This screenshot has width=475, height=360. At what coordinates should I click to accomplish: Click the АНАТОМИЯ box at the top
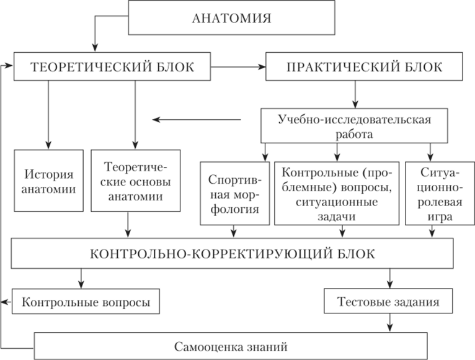pyautogui.click(x=232, y=17)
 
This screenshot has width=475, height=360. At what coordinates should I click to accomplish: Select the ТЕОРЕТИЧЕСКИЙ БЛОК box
pyautogui.click(x=112, y=66)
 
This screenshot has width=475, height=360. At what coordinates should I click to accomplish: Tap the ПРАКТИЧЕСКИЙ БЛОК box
pyautogui.click(x=364, y=66)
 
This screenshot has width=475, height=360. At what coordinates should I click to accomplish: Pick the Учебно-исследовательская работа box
pyautogui.click(x=354, y=126)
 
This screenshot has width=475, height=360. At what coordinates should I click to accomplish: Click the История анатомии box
pyautogui.click(x=49, y=181)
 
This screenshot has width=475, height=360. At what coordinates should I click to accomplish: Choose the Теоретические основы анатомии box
pyautogui.click(x=136, y=181)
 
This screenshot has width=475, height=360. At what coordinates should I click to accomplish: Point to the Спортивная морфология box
pyautogui.click(x=235, y=194)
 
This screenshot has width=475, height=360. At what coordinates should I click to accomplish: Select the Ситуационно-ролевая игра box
pyautogui.click(x=440, y=194)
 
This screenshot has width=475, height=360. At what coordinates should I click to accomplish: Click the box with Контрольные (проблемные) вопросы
pyautogui.click(x=337, y=194)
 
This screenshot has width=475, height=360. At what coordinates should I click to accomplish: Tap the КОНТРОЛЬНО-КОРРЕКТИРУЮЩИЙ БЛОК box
pyautogui.click(x=233, y=253)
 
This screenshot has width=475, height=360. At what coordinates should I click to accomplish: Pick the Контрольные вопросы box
pyautogui.click(x=86, y=302)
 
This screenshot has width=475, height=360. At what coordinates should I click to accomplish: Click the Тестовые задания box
pyautogui.click(x=388, y=301)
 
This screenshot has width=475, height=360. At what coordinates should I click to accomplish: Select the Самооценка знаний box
pyautogui.click(x=231, y=346)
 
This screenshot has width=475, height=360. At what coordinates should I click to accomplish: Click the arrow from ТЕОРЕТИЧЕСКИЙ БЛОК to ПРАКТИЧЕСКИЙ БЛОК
pyautogui.click(x=238, y=66)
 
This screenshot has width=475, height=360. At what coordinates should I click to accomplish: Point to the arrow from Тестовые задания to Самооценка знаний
pyautogui.click(x=390, y=323)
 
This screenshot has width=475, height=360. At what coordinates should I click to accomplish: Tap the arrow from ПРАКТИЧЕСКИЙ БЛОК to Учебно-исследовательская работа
pyautogui.click(x=355, y=94)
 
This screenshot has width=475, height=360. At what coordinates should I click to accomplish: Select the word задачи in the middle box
pyautogui.click(x=337, y=217)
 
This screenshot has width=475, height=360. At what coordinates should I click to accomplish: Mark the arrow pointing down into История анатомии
pyautogui.click(x=48, y=115)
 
